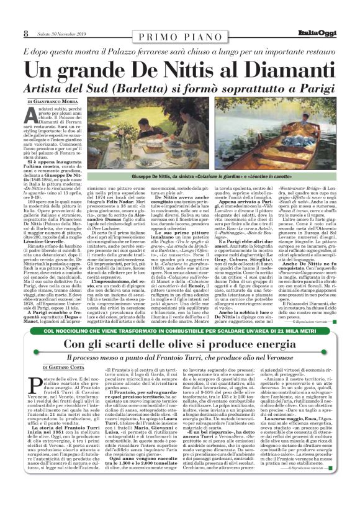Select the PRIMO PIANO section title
click(x=179, y=38)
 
